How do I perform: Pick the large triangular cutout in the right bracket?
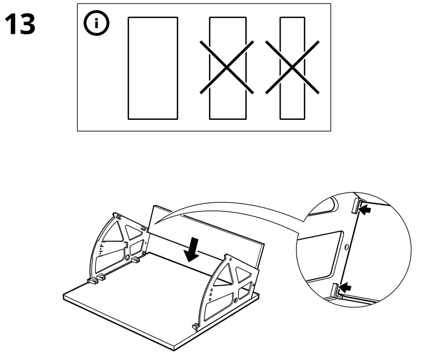[x=224, y=275]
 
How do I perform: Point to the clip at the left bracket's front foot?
[x=92, y=280]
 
